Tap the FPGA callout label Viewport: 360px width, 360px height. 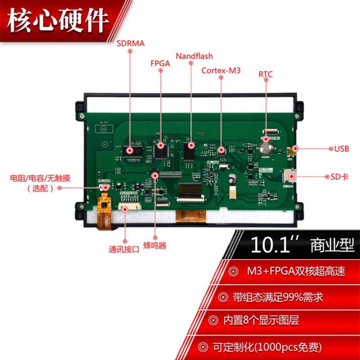pyautogui.click(x=160, y=63)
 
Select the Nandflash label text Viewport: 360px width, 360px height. pyautogui.click(x=194, y=56)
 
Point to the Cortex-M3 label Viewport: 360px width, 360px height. pyautogui.click(x=221, y=70)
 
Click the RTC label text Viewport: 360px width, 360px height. pyautogui.click(x=265, y=74)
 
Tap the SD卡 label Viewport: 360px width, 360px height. pyautogui.click(x=340, y=177)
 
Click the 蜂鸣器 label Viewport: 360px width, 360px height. pyautogui.click(x=155, y=246)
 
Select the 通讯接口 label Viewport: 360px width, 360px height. pyautogui.click(x=124, y=249)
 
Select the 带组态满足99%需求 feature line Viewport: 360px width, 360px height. pyautogui.click(x=278, y=297)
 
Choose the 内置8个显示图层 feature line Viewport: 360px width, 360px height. pyautogui.click(x=261, y=321)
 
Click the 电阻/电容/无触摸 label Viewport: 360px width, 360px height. pyautogui.click(x=40, y=178)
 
